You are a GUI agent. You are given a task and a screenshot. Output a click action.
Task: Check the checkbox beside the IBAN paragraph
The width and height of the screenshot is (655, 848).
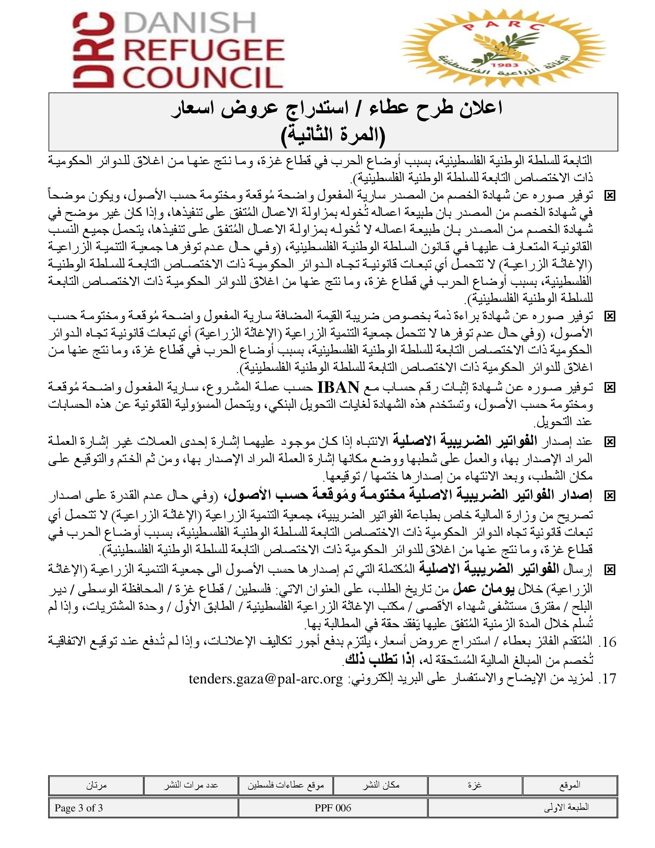(610, 387)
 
